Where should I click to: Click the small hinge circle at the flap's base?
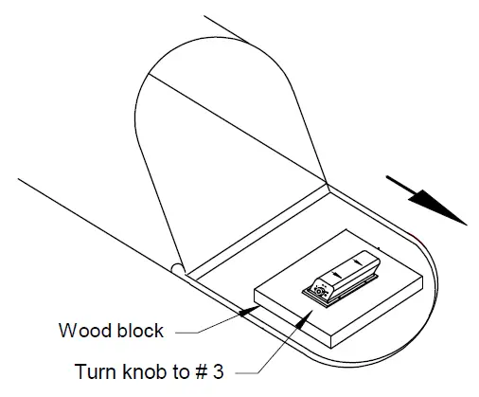click(177, 268)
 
